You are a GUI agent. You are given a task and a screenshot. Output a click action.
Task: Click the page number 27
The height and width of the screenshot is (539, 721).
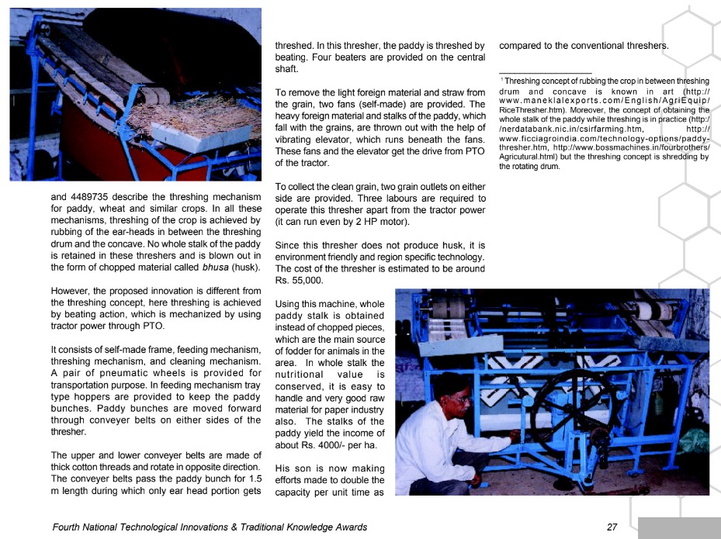click(x=612, y=527)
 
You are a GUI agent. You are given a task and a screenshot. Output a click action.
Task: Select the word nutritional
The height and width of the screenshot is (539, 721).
click(x=303, y=375)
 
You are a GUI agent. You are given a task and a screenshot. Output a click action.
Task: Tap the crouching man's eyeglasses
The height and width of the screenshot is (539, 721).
click(x=461, y=399)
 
